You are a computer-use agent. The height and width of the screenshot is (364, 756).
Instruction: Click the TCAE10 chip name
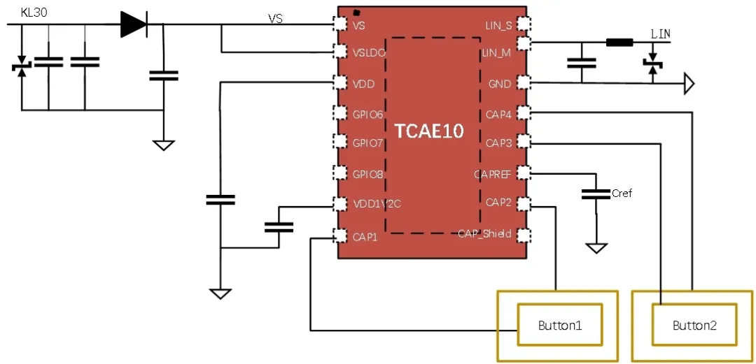(x=429, y=131)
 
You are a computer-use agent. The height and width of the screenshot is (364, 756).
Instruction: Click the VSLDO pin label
(x=369, y=52)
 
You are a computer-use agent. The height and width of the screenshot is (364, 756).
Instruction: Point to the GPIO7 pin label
(x=367, y=143)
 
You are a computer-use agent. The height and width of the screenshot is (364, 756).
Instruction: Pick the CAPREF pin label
(x=493, y=173)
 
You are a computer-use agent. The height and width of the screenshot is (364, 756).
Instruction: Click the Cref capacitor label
(x=622, y=194)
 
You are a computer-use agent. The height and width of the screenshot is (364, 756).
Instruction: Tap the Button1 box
(x=559, y=325)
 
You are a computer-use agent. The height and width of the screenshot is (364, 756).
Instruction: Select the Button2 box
(x=694, y=325)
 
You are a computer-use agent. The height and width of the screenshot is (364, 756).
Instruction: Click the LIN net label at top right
(x=661, y=34)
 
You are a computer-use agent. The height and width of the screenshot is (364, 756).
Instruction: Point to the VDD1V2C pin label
(x=377, y=204)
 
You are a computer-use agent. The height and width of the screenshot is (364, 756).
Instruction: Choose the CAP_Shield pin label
(x=484, y=233)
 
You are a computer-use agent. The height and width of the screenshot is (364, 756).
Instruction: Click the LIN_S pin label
(x=498, y=26)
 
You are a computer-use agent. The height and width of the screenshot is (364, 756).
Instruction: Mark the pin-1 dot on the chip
(x=356, y=13)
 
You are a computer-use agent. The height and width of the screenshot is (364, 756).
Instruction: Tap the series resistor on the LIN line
(x=619, y=43)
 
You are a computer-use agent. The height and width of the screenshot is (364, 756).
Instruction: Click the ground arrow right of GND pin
(x=689, y=85)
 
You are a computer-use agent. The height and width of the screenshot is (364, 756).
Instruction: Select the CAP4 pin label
(x=498, y=114)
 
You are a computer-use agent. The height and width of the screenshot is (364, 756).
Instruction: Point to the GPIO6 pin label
(x=367, y=114)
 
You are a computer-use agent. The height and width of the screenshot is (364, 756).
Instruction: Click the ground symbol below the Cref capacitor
(x=596, y=248)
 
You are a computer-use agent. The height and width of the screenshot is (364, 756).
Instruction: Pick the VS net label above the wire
(x=276, y=19)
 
